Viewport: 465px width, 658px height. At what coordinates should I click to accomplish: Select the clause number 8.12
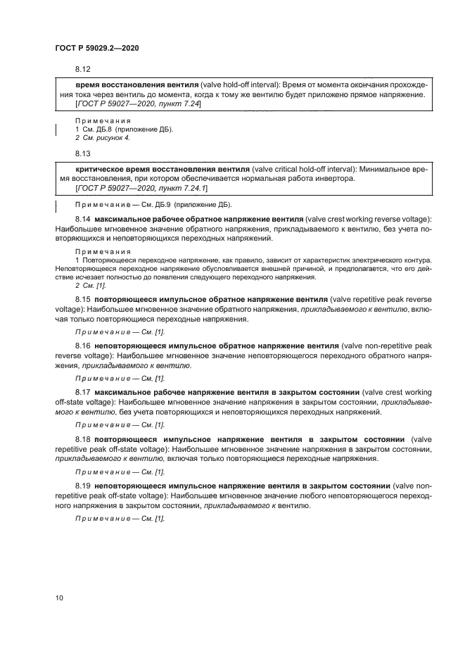[x=83, y=69]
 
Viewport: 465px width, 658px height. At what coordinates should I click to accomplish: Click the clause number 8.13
[x=83, y=153]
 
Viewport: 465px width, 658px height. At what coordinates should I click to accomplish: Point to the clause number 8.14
[x=83, y=220]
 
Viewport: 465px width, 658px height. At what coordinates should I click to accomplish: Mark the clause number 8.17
[x=83, y=391]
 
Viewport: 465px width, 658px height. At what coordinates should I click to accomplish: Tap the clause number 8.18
[x=83, y=438]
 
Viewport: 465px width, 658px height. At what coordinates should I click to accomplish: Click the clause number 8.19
[x=83, y=486]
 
